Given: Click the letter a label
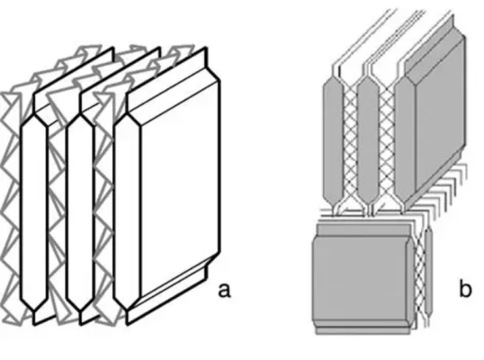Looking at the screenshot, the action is coord(224,291).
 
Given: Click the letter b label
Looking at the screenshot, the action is coord(465,289).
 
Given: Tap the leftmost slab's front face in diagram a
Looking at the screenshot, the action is coord(34,212).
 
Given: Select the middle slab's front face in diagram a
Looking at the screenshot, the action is coord(80,212).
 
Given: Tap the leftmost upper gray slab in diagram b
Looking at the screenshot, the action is coord(333,138).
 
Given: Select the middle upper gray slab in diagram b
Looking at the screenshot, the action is coord(368,139).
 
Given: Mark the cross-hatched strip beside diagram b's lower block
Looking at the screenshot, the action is coord(420,274).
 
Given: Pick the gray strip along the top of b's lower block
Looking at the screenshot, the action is coord(363,229).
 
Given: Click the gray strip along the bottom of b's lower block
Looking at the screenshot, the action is coord(363,330).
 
